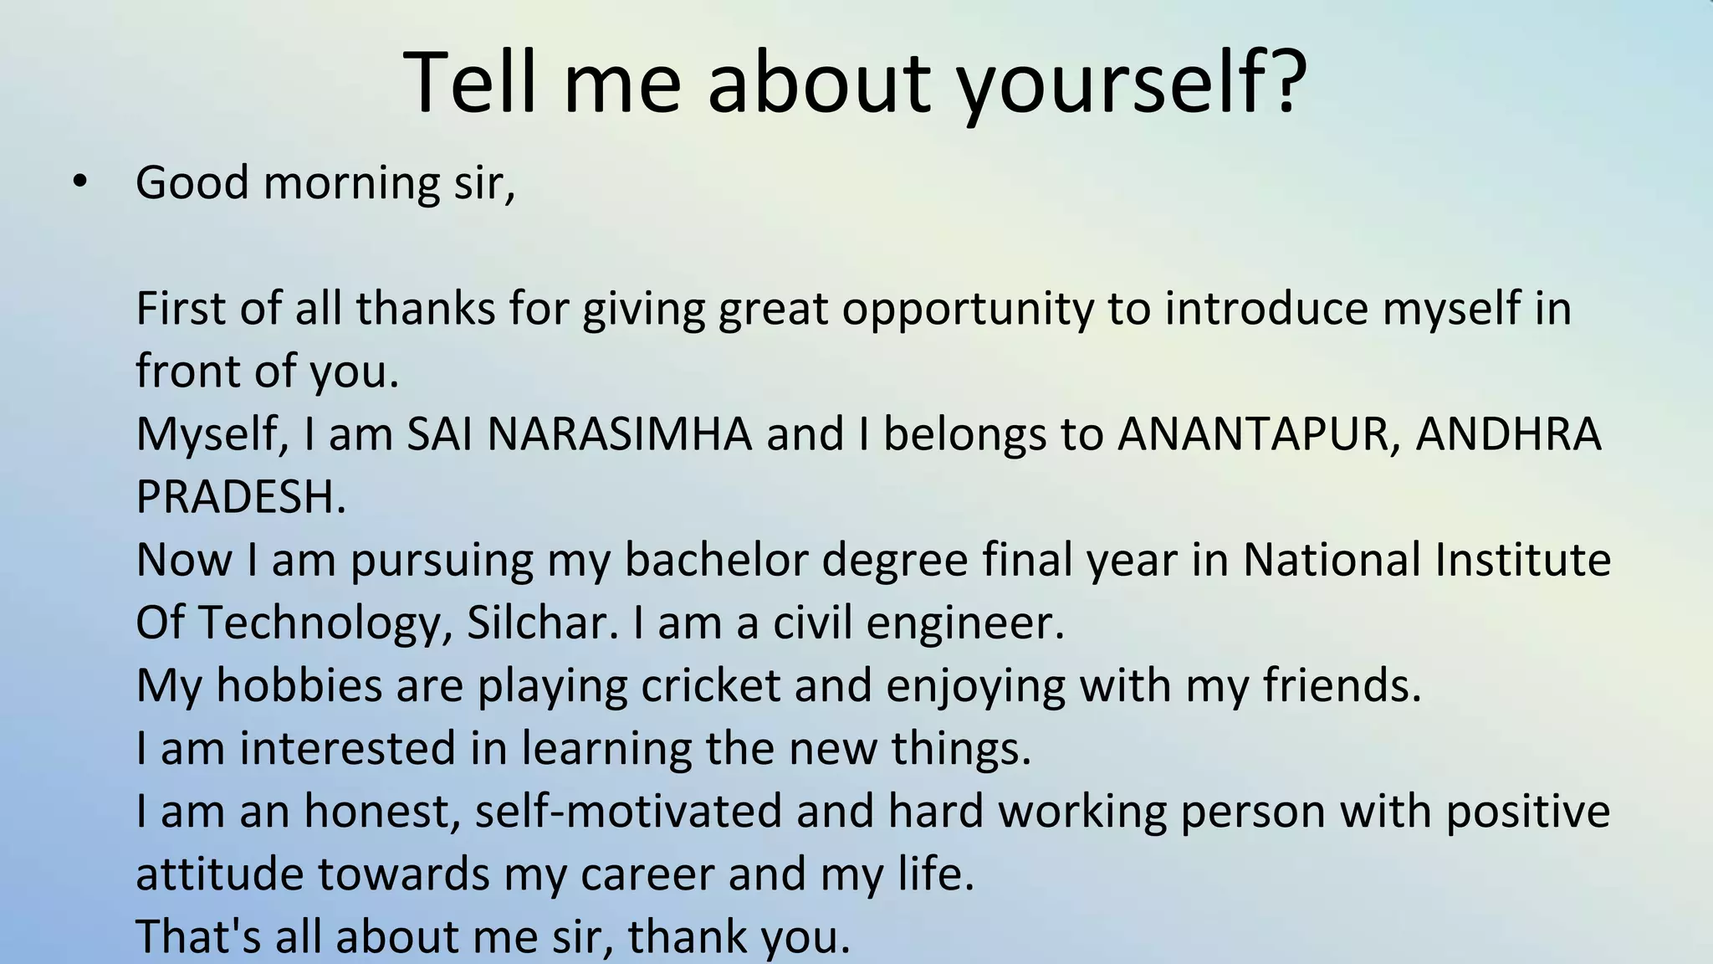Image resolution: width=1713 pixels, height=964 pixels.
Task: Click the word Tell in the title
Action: [x=469, y=81]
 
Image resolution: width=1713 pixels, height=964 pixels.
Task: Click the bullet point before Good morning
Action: [x=79, y=182]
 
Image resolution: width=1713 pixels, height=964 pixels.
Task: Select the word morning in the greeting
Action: [x=351, y=183]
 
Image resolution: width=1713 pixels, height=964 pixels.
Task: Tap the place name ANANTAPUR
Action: [x=1259, y=434]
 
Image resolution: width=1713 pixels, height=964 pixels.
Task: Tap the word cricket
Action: [x=710, y=685]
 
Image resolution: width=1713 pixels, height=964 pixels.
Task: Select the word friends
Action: [x=1342, y=685]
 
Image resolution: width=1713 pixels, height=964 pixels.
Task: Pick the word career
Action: [x=647, y=874]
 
